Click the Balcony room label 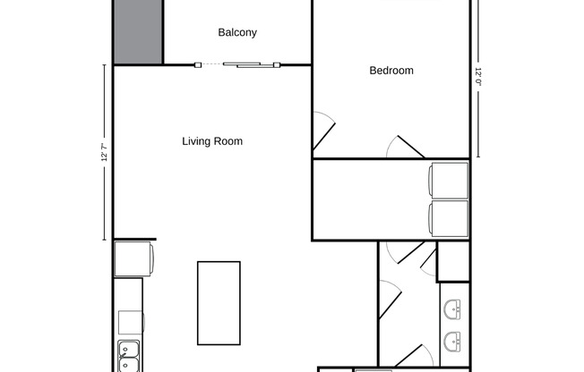(237, 33)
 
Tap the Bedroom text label (391, 71)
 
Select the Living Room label (212, 141)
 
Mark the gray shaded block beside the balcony (137, 31)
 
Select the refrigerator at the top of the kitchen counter (134, 258)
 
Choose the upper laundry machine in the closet (449, 181)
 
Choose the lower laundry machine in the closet (449, 219)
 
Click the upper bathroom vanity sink (453, 309)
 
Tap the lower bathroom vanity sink (453, 340)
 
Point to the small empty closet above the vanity (453, 261)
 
